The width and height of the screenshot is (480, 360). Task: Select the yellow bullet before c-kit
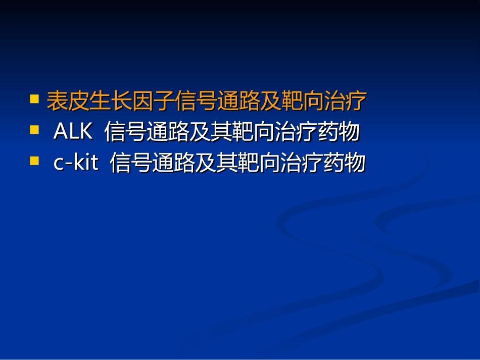35,161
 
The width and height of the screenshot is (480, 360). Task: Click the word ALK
73,132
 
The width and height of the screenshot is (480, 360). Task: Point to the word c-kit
76,163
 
